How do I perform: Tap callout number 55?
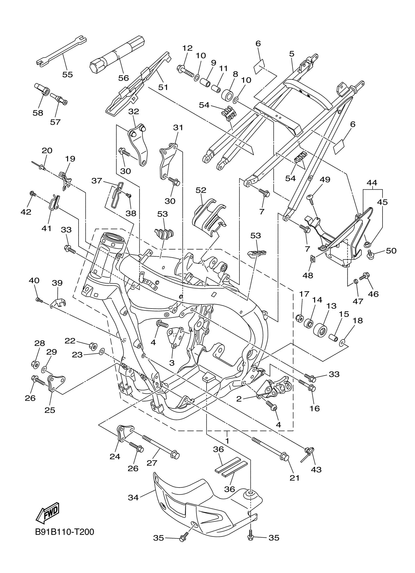click(x=67, y=74)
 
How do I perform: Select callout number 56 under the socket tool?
click(x=124, y=78)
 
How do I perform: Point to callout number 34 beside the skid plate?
click(x=133, y=498)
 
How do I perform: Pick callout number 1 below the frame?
click(x=227, y=441)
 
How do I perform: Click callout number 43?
click(x=316, y=469)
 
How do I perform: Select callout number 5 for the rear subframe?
click(x=292, y=53)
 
